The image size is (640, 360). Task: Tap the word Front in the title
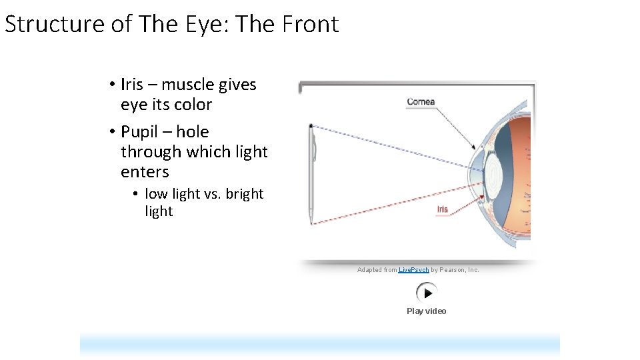[x=311, y=24]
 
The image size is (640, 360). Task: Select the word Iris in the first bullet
[x=132, y=85]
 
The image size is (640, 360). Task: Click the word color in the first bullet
[x=193, y=105]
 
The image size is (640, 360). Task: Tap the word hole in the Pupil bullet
[x=192, y=132]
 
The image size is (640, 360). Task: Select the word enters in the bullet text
[x=145, y=172]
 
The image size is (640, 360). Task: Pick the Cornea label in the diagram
[x=421, y=102]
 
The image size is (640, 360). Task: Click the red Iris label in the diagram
[x=442, y=209]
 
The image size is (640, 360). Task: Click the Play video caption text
[x=427, y=311]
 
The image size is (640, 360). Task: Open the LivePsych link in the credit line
[x=413, y=270]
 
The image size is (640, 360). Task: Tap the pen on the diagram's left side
[x=311, y=173]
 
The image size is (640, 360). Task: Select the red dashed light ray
[x=393, y=201]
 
